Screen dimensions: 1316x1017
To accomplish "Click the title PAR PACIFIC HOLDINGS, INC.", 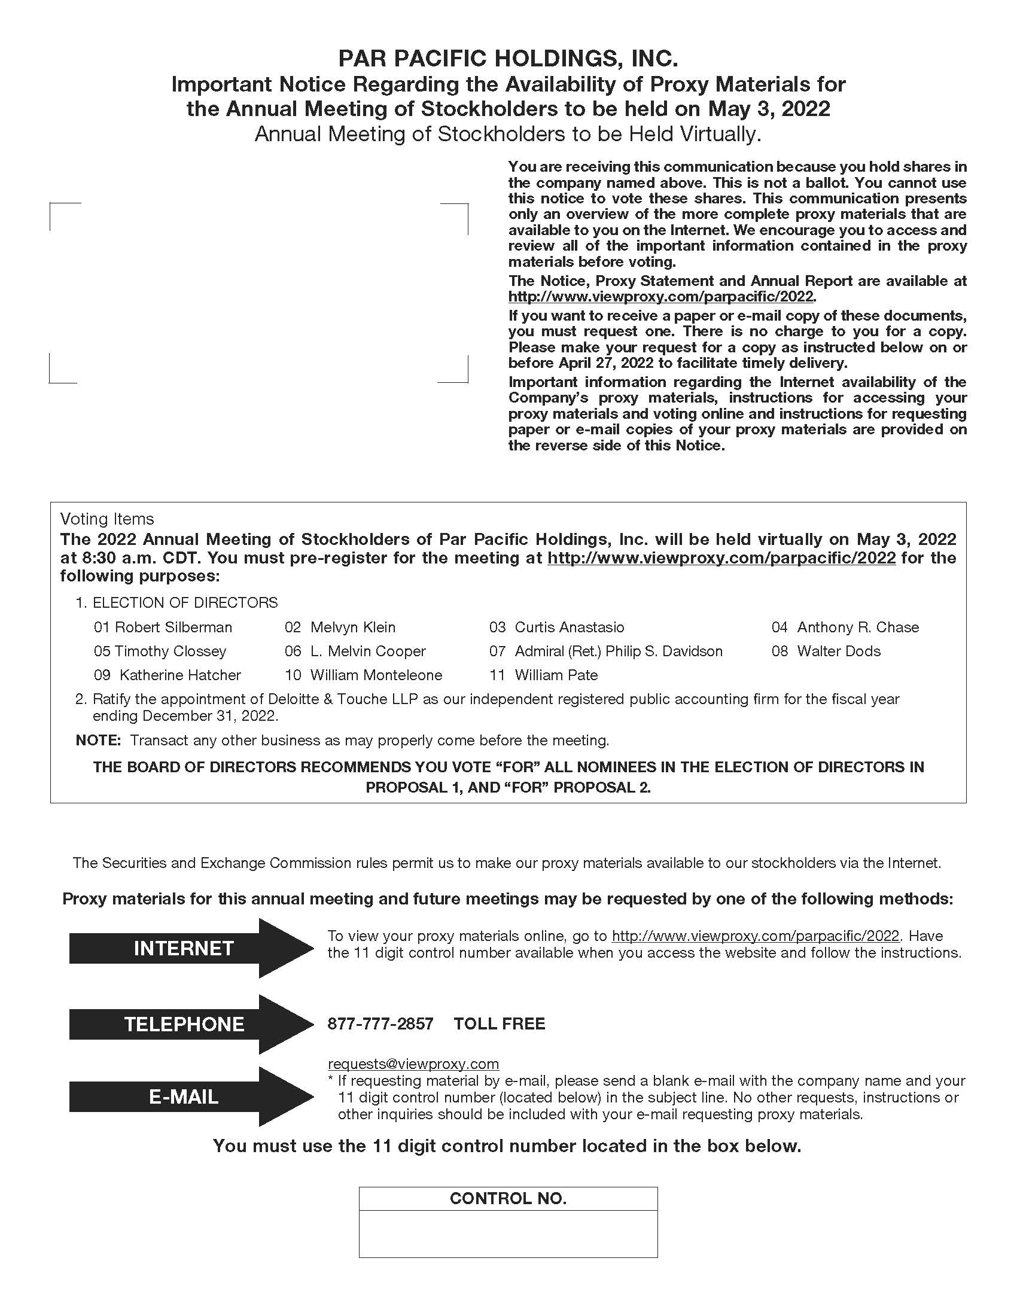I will pos(508,59).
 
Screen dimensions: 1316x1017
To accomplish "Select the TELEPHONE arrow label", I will pos(184,1023).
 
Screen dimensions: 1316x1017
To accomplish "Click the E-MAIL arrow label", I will pos(183,1096).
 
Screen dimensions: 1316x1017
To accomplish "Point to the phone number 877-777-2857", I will pos(380,1023).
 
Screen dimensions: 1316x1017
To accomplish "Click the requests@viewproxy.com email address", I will pos(413,1064).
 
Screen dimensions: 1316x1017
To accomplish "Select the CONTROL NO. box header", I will pos(508,1198).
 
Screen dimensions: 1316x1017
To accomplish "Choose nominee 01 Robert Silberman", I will pos(163,627).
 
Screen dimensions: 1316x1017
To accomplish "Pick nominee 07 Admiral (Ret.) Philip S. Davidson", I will pos(605,651).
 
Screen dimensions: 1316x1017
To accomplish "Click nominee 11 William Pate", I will pos(543,675).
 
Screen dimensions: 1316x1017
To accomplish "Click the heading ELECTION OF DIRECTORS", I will pos(184,602).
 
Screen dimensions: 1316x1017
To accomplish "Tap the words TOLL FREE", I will pos(499,1023).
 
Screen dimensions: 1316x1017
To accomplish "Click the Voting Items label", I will pos(106,519).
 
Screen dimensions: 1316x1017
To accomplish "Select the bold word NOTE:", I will pos(99,740).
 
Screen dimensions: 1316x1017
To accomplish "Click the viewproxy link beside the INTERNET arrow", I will pos(755,936).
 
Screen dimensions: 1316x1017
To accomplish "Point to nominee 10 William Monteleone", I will pos(363,675).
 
